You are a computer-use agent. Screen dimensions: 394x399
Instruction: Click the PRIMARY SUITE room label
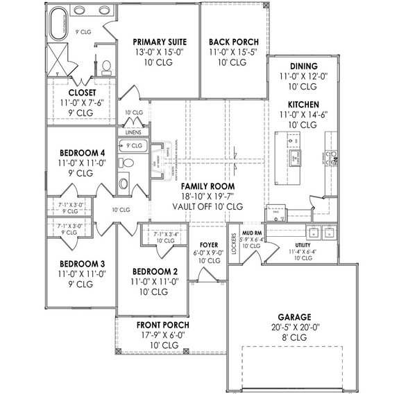pos(159,42)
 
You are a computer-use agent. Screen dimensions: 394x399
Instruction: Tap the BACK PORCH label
pos(228,42)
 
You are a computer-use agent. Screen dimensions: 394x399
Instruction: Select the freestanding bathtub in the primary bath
pos(56,26)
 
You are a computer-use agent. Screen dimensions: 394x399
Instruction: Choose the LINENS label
pos(133,132)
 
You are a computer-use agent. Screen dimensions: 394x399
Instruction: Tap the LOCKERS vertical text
pos(234,247)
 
